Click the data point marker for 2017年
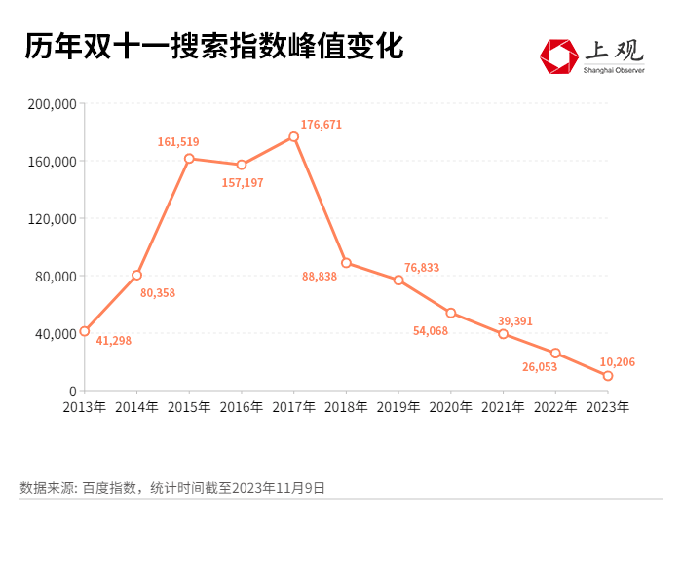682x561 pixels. [293, 136]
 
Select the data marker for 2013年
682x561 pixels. [85, 331]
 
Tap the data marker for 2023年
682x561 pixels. [608, 376]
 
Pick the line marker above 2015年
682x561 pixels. [189, 158]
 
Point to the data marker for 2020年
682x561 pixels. [451, 313]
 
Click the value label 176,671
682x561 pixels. [322, 125]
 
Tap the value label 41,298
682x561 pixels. [113, 341]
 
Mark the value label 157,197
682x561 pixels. [243, 182]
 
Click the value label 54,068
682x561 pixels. [431, 331]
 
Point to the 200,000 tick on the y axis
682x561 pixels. [53, 103]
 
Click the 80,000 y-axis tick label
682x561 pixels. [57, 276]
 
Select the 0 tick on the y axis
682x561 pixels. [72, 391]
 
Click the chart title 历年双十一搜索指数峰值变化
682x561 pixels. [213, 47]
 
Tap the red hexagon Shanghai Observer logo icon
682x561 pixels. [559, 56]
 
